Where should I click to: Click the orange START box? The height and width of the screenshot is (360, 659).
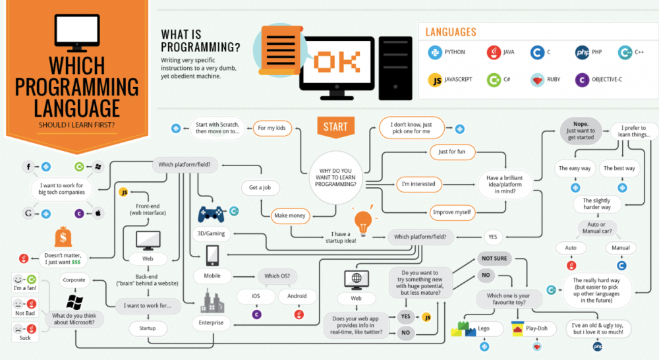(x=335, y=127)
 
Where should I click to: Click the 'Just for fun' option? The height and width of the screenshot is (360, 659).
(x=452, y=152)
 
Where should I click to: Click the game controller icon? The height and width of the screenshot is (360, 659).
(x=211, y=214)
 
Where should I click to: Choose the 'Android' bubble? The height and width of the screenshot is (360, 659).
(x=297, y=296)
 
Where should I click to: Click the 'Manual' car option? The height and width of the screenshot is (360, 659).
(x=620, y=248)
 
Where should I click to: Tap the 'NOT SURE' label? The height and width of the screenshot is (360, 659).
(x=494, y=258)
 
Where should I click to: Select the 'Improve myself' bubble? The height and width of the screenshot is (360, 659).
(x=452, y=212)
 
